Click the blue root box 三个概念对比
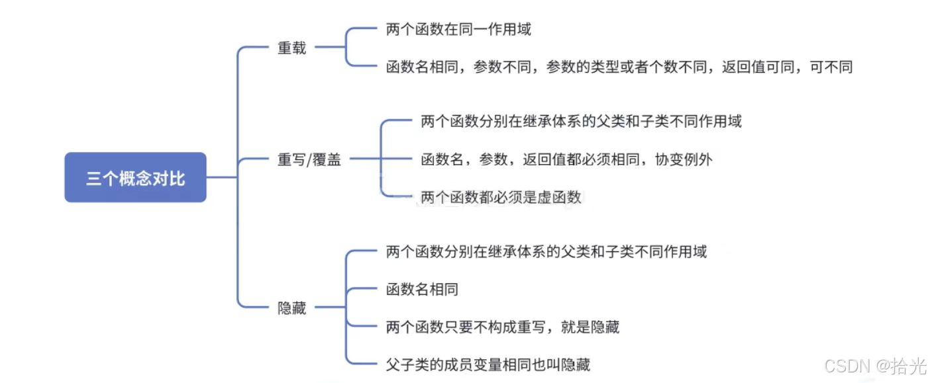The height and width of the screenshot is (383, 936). [x=135, y=177]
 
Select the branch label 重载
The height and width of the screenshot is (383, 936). [x=291, y=48]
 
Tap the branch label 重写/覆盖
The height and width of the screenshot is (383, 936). [x=309, y=159]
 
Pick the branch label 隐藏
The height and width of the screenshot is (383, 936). [x=291, y=308]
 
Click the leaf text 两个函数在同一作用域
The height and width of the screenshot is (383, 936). [x=458, y=29]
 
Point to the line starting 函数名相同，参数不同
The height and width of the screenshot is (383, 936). [x=619, y=67]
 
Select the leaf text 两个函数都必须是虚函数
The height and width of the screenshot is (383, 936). [x=501, y=197]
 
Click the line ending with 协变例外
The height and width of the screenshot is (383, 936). [x=566, y=159]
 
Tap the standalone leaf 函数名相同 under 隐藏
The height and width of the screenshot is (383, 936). [x=422, y=289]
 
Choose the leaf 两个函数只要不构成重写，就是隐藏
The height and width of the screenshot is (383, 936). [x=502, y=327]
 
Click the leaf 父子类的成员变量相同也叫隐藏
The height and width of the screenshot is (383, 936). [x=488, y=364]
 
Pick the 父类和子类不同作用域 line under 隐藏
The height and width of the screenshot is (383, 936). [x=546, y=251]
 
